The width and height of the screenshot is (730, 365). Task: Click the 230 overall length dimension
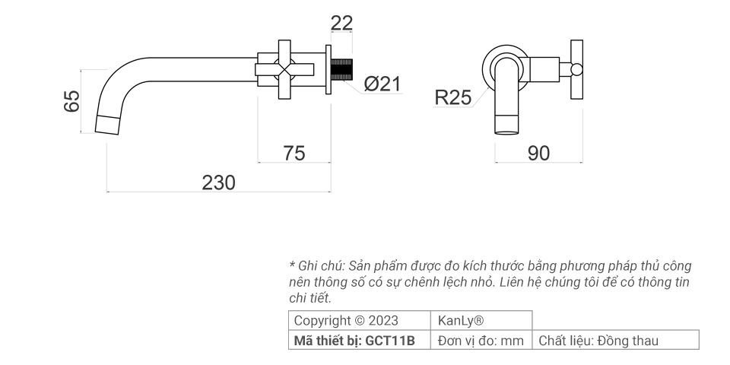point(218,182)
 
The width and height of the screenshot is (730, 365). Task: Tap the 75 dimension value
point(294,153)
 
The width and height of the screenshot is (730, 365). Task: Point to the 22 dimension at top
point(342,24)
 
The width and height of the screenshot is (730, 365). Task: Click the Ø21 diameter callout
point(381,84)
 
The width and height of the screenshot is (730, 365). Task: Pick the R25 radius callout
point(452,97)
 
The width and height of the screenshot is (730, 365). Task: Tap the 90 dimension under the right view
point(538,153)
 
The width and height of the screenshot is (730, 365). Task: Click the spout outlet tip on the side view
point(108,124)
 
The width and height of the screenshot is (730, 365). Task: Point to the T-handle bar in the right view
point(576,71)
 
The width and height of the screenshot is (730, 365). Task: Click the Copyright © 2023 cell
point(346,320)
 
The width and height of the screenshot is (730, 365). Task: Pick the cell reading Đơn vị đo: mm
point(481,341)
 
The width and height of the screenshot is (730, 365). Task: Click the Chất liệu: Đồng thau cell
point(598,341)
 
